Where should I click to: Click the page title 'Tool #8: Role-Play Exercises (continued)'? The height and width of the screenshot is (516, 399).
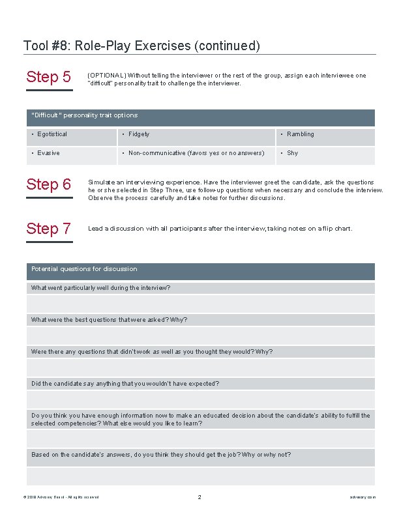(x=141, y=46)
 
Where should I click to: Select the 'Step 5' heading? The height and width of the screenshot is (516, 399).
(x=49, y=78)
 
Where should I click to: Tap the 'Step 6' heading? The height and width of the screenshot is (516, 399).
(x=49, y=184)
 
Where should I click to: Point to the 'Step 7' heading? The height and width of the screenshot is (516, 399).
(x=49, y=229)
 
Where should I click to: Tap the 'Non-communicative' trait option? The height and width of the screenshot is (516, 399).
(x=196, y=153)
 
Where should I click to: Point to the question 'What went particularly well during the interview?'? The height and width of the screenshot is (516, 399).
(x=101, y=288)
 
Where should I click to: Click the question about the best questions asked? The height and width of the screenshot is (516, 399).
(x=109, y=320)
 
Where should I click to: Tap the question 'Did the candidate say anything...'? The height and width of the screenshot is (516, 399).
(x=125, y=384)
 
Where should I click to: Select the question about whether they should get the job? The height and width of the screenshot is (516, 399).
(x=161, y=455)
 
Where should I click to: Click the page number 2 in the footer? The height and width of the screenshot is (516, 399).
(x=199, y=497)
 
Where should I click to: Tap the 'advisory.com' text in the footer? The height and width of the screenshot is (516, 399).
(x=362, y=497)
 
